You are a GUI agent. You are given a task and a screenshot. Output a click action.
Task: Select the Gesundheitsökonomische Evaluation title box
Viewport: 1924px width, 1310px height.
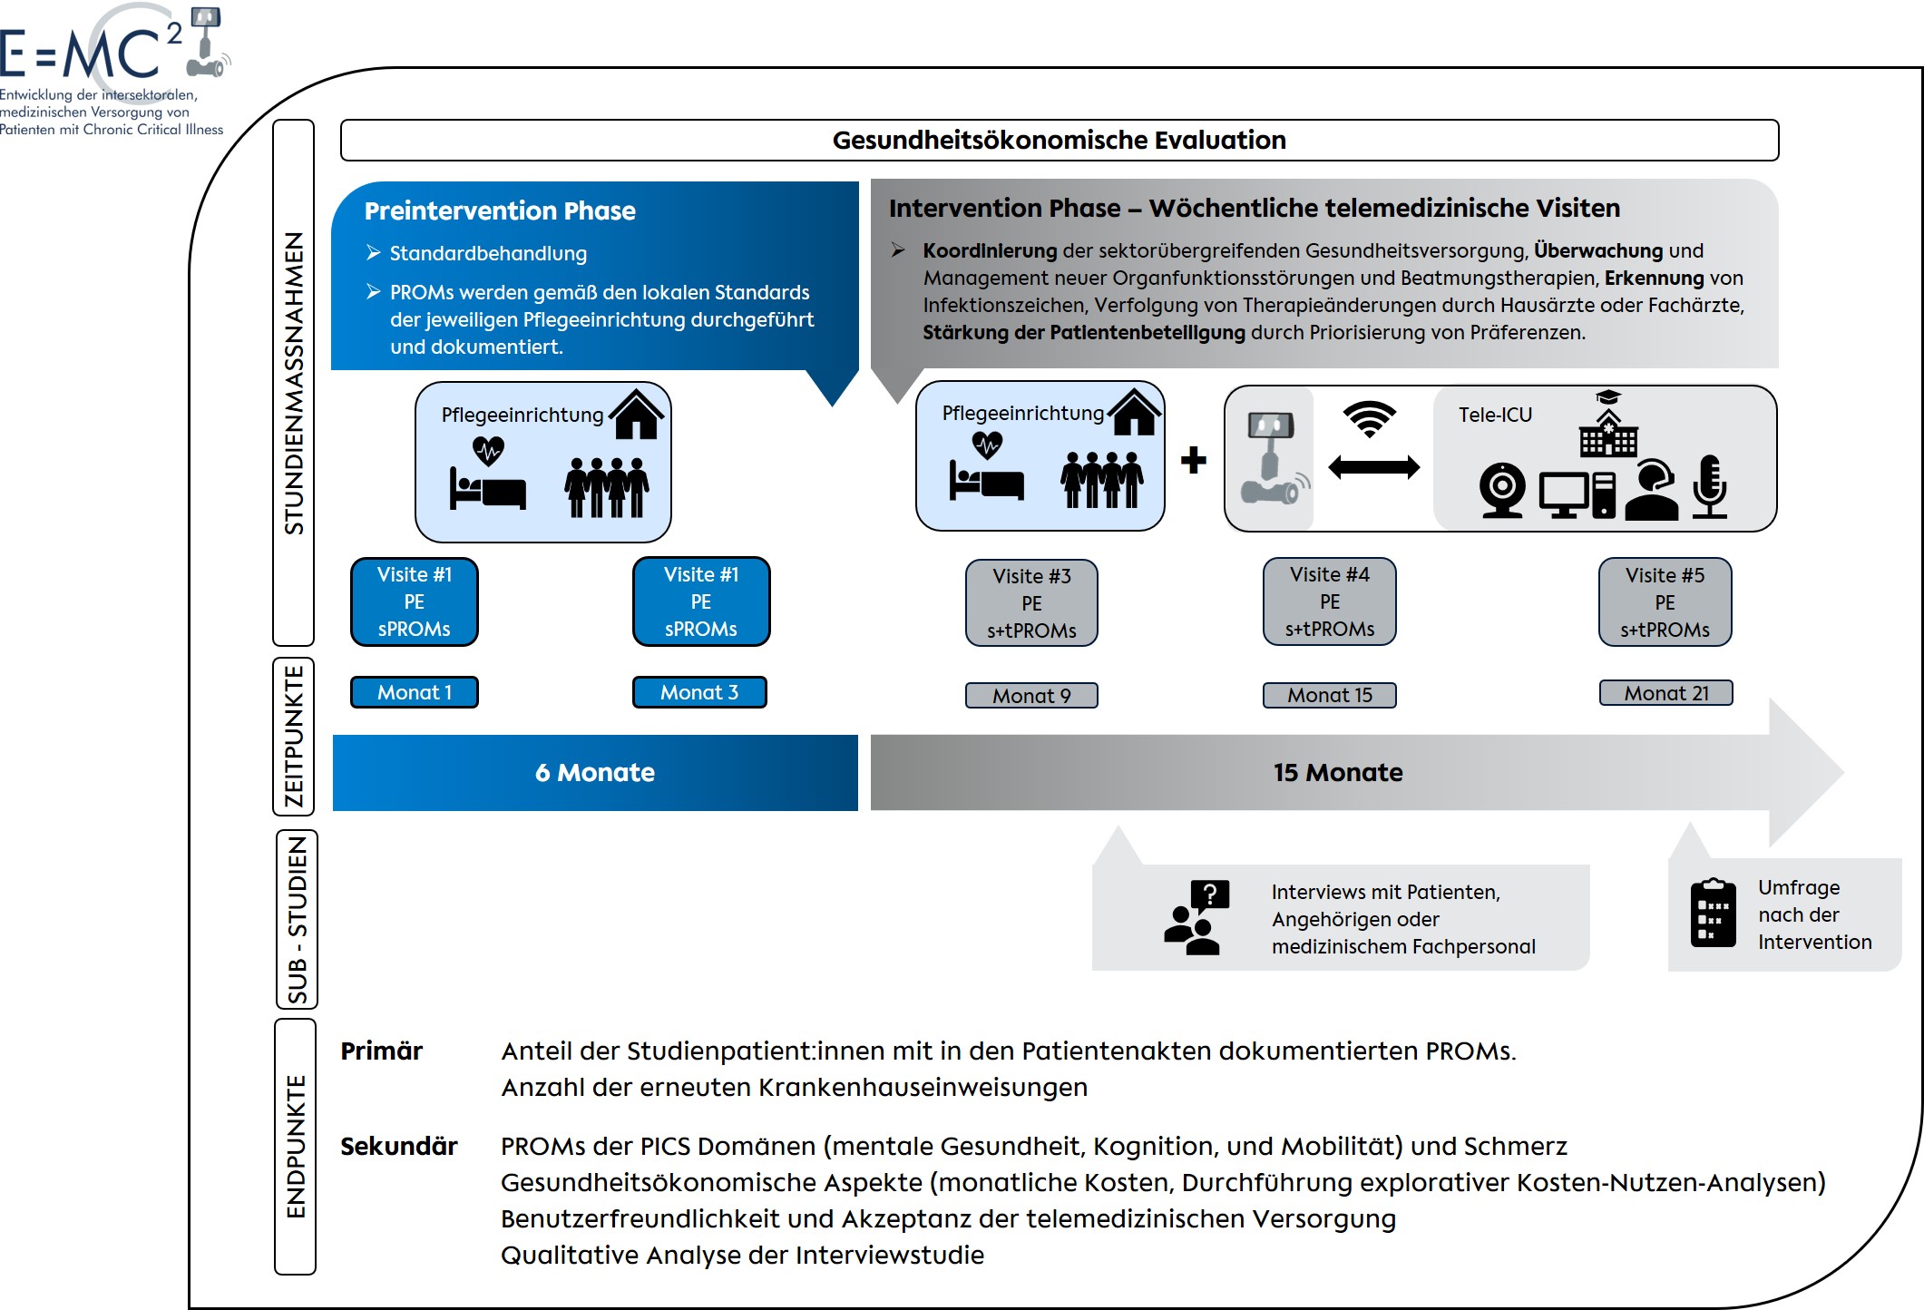1059,141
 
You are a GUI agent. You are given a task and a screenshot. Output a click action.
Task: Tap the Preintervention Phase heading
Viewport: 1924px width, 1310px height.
500,211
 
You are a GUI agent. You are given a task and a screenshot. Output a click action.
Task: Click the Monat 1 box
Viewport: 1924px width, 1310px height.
414,692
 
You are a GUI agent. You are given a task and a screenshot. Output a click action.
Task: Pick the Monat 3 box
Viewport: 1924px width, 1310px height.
699,692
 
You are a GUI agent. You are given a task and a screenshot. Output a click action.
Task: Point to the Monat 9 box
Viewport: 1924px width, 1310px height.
1031,696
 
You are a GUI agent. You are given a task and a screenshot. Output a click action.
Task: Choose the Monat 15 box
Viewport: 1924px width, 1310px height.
1329,695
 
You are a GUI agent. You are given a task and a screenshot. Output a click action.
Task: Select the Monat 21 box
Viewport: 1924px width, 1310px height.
1665,693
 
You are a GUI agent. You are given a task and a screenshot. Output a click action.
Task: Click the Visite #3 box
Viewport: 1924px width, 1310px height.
1031,603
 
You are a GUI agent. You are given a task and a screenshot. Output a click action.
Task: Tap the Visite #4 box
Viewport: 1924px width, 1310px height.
1329,601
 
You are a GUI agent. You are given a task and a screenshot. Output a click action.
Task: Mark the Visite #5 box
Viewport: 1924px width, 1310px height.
1665,602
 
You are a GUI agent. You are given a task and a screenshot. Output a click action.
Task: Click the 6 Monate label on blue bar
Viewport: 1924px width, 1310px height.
594,773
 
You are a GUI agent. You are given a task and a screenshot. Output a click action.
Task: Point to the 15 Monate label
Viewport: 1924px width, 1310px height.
1338,773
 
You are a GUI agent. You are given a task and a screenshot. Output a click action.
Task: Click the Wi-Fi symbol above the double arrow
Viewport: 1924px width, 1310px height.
1370,418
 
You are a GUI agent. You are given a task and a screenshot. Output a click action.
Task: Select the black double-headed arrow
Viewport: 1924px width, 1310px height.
1373,468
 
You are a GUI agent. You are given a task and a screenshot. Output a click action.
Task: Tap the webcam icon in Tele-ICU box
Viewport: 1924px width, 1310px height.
1502,491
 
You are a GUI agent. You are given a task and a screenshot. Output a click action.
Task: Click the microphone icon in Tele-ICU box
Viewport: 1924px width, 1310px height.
1709,486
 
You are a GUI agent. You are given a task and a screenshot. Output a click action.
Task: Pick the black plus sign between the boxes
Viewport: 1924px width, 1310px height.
1194,460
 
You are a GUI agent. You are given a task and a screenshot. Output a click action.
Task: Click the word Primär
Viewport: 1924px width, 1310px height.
382,1051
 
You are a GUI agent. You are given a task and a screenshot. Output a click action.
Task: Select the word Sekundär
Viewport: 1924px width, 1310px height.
399,1146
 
